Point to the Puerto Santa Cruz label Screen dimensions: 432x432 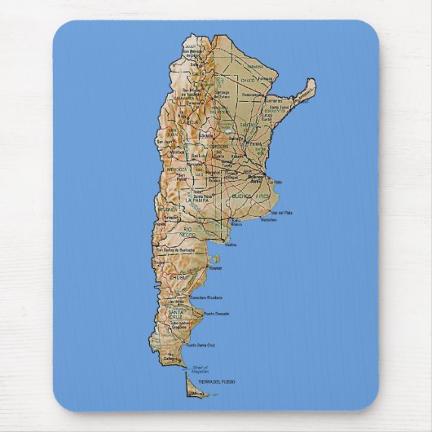201,345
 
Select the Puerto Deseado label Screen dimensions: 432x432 216,314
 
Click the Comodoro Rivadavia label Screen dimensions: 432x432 203,298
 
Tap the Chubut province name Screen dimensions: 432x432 179,278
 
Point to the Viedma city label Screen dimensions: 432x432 231,245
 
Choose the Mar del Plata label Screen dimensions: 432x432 281,213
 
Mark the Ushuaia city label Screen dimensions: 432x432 196,394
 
